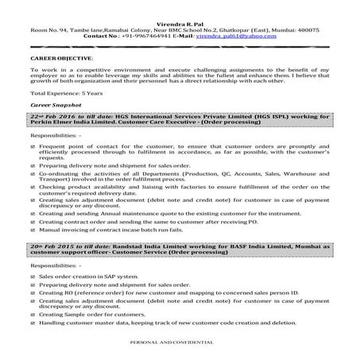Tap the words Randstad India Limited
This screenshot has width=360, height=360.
pos(131,246)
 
